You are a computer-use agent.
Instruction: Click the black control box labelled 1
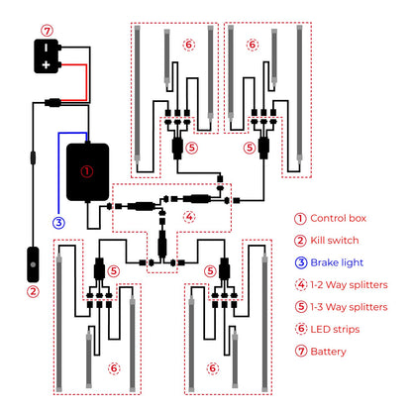88,172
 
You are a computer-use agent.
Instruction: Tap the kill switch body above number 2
33,264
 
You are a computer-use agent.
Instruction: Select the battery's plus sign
46,64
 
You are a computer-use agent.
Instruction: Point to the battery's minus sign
46,48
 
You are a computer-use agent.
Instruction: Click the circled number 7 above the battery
48,31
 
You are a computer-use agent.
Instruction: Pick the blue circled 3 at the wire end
58,223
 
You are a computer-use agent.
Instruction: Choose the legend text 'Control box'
339,218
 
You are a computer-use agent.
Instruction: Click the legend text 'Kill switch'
335,241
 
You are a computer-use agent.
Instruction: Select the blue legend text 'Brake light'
337,262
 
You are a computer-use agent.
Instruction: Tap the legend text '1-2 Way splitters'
349,284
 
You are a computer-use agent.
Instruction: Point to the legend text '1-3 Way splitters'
349,307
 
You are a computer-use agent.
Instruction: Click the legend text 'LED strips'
335,329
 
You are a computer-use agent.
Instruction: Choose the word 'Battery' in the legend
328,352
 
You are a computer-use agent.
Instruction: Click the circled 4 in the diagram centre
189,217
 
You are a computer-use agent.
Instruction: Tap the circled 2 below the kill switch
33,292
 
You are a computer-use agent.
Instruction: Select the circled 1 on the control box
87,171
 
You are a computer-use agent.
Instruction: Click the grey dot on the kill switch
33,264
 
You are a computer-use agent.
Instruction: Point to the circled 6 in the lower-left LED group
114,368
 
